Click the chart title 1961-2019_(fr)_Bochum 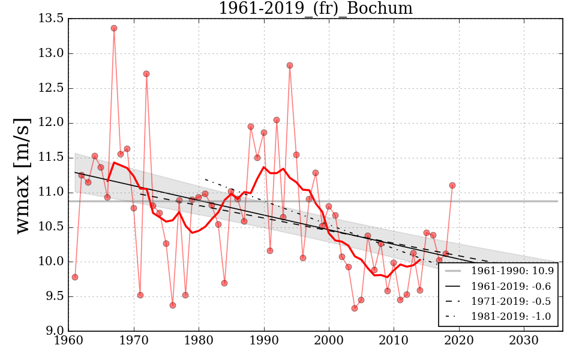(316, 8)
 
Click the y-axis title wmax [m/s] (23, 174)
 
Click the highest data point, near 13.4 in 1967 (114, 28)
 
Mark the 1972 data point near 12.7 (146, 74)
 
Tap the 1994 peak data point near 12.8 (290, 65)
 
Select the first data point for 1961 (75, 277)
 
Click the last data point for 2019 (452, 185)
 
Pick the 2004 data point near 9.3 (355, 308)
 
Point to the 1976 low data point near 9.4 (173, 305)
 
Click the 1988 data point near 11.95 (251, 127)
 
